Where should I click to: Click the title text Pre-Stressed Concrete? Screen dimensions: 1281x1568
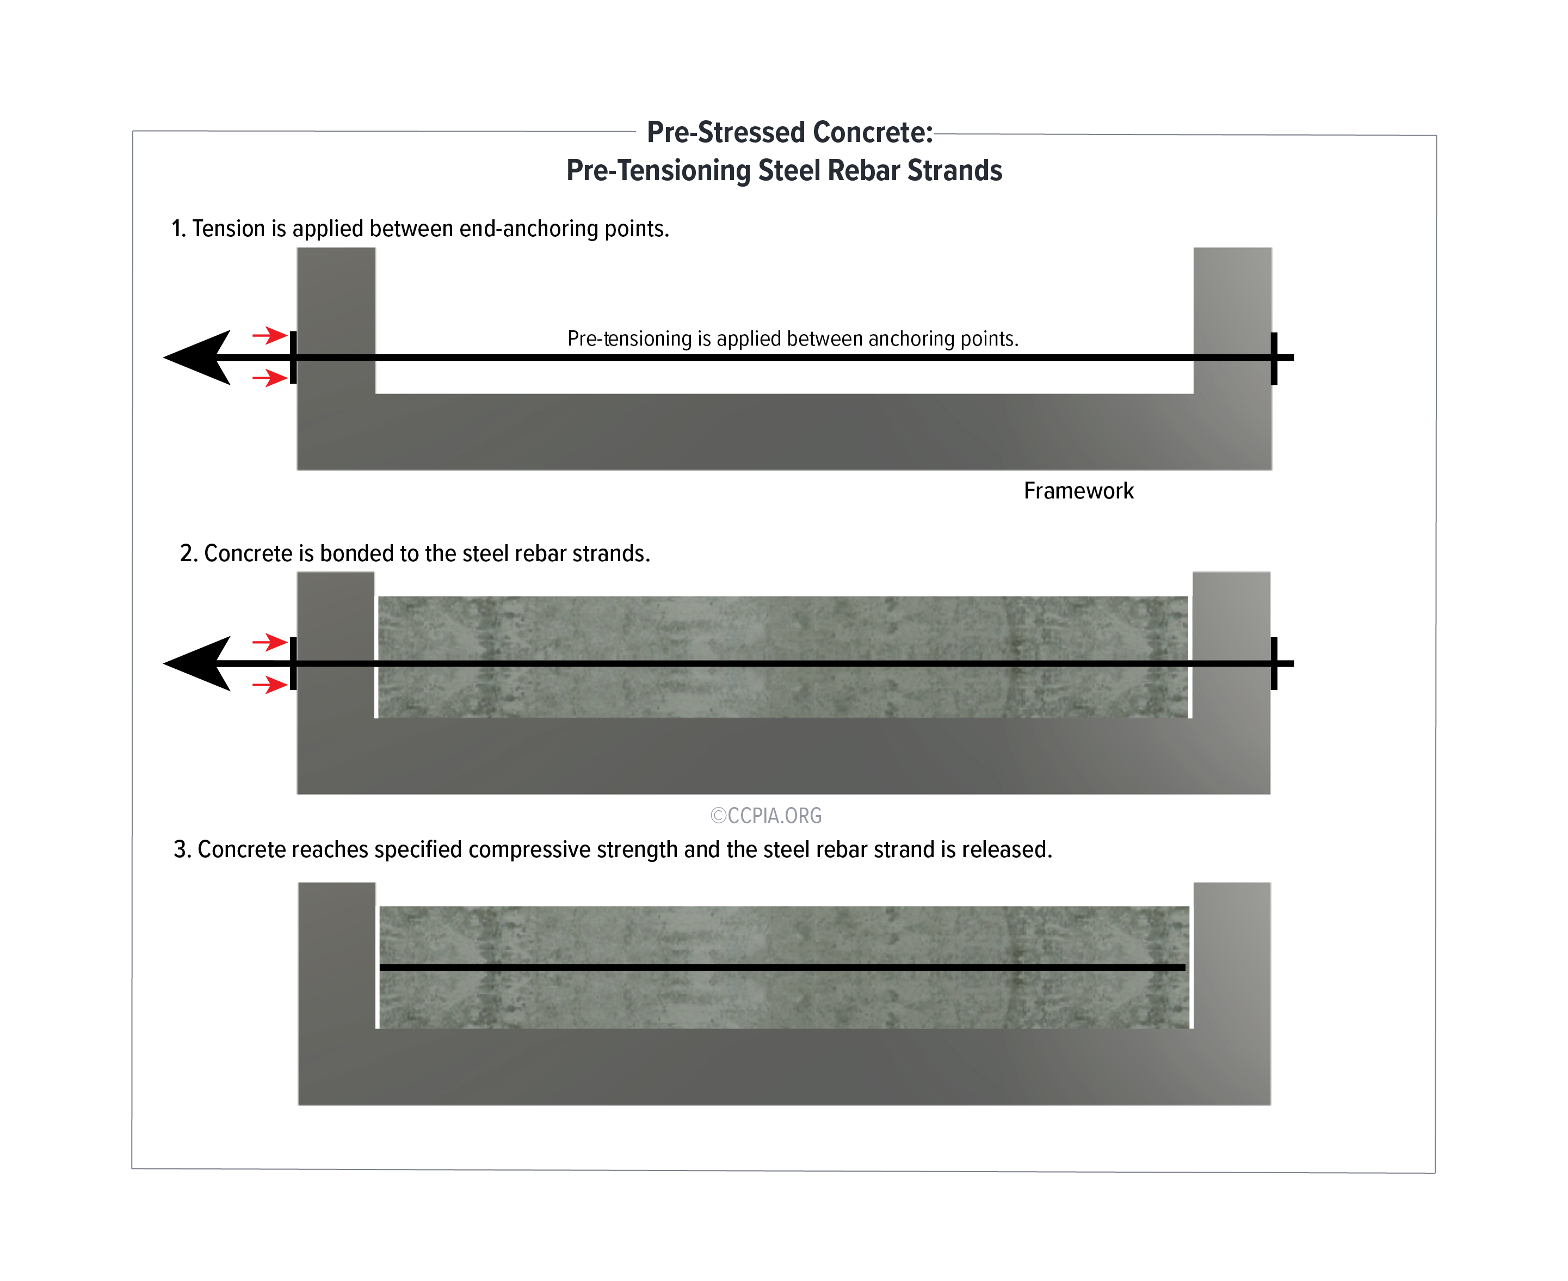coord(789,133)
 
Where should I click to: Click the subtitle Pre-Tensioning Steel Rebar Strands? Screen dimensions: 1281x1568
coord(783,170)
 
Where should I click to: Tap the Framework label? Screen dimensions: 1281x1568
coord(1078,491)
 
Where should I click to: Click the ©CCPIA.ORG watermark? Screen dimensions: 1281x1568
coord(766,815)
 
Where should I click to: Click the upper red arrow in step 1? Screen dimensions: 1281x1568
coord(269,336)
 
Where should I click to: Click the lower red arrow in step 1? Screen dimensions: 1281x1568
coord(269,379)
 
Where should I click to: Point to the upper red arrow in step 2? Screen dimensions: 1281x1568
coord(269,642)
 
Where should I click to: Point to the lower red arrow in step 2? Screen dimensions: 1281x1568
coord(269,686)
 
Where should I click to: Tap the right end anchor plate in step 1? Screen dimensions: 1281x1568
coord(1274,359)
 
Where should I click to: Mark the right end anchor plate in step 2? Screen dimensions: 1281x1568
coord(1274,663)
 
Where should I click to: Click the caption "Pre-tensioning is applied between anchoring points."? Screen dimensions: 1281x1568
coord(793,338)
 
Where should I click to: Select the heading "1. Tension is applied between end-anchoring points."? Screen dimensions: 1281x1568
coord(420,229)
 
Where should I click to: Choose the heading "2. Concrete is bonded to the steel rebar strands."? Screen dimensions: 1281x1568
coord(415,553)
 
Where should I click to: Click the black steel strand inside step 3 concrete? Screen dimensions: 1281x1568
coord(782,966)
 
